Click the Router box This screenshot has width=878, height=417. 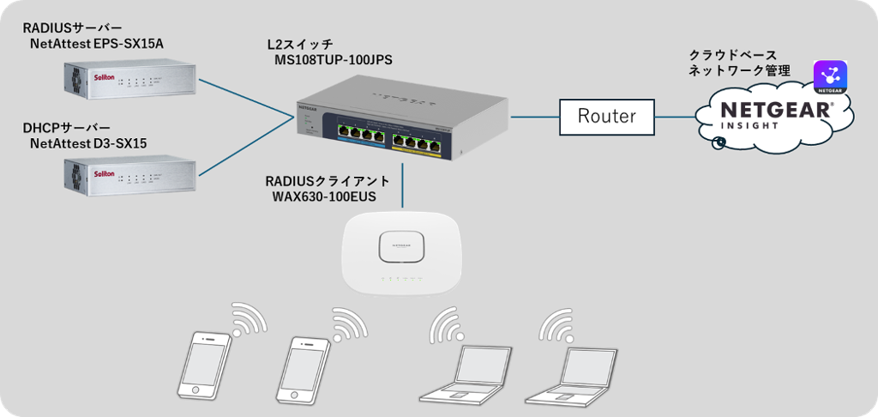(x=607, y=116)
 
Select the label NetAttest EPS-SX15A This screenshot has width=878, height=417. (x=95, y=42)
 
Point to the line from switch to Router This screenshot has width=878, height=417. (x=534, y=116)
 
